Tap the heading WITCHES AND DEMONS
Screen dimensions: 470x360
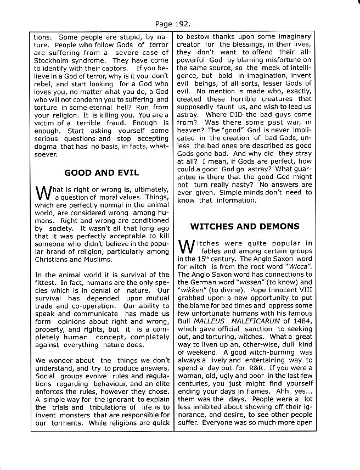[x=244, y=226]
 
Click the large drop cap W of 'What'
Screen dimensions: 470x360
[x=43, y=193]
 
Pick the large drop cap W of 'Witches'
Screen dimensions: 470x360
[x=187, y=247]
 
